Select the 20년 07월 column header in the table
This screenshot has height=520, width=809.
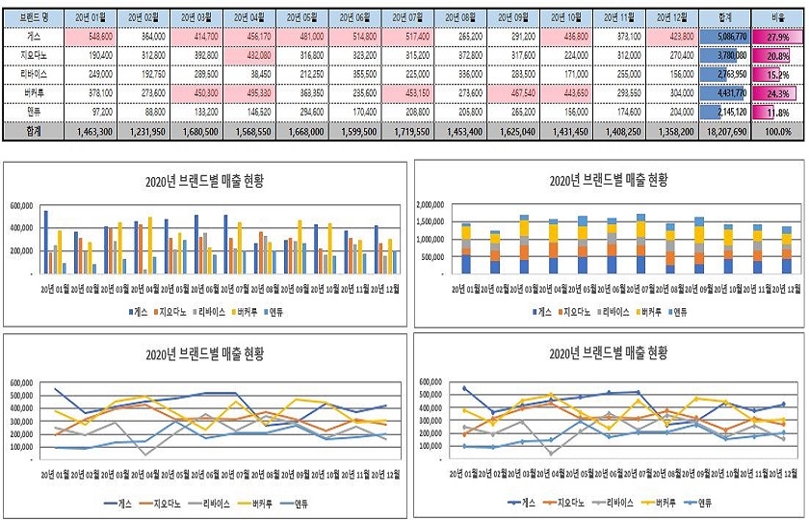coord(411,17)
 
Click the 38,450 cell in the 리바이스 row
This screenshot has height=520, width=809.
coord(251,73)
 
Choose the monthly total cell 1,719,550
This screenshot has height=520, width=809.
coord(411,130)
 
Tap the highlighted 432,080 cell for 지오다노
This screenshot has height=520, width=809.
coord(251,55)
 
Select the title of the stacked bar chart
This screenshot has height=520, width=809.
coord(607,180)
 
